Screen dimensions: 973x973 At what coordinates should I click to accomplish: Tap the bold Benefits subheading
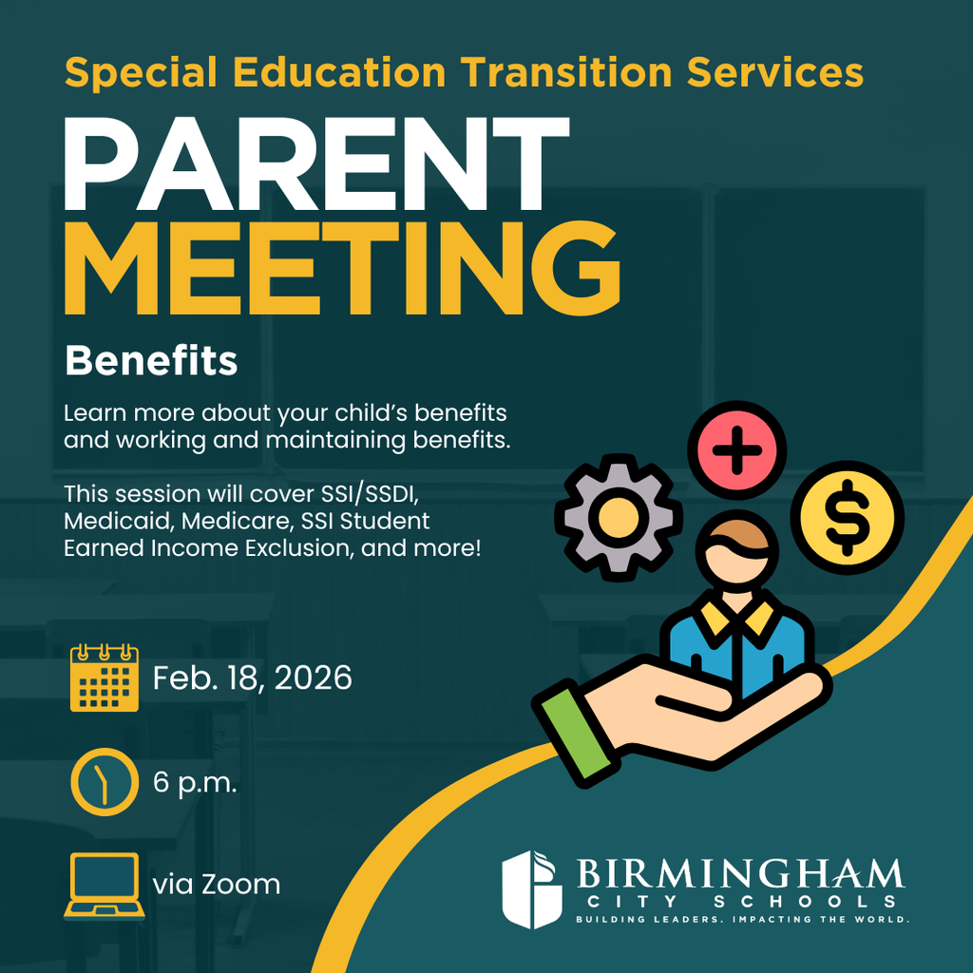coord(150,361)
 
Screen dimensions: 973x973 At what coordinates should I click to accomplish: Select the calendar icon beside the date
coord(105,677)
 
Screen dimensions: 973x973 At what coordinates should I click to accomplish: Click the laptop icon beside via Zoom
coord(105,887)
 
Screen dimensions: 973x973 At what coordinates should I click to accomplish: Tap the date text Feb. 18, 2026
coord(252,678)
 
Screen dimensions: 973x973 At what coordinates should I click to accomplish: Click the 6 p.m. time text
coord(195,784)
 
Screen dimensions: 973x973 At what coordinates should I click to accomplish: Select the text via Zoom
coord(217,886)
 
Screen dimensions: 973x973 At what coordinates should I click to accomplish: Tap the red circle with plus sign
coord(736,450)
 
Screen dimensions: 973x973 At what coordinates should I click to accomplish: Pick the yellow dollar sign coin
coord(847,517)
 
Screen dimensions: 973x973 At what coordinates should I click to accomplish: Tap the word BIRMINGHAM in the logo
coord(739,872)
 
